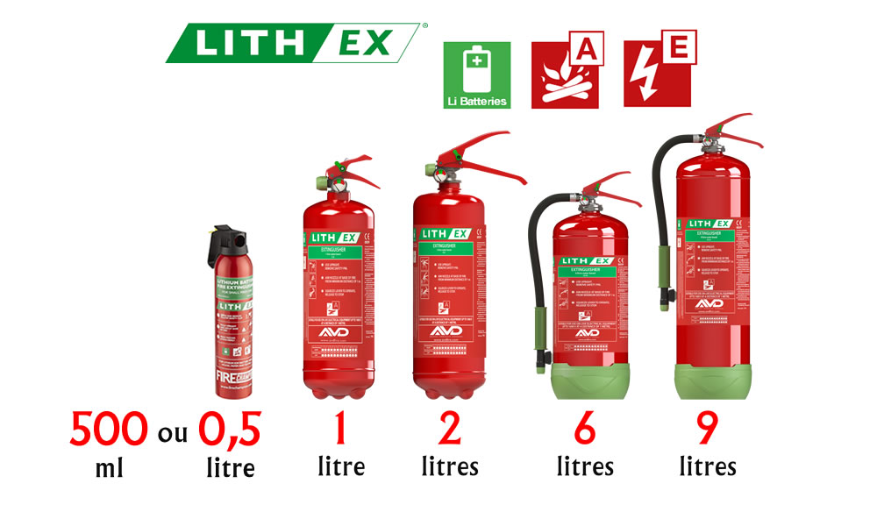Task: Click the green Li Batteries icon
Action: tap(476, 75)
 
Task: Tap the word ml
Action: tap(109, 467)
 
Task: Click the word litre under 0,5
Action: tap(230, 467)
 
